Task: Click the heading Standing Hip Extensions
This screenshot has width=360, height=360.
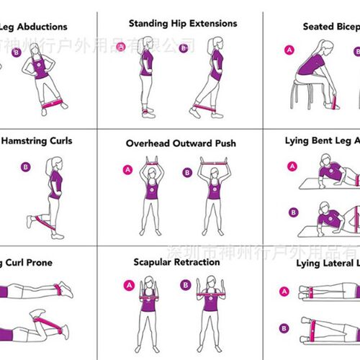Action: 182,24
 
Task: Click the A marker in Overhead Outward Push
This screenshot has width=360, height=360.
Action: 129,170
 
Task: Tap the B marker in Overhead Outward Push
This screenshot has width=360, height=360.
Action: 186,172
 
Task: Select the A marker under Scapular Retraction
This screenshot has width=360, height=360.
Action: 129,284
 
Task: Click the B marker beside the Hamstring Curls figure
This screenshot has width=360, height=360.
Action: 27,167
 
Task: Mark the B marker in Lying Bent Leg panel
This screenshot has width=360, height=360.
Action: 293,212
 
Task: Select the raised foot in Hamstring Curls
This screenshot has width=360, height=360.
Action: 31,220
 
